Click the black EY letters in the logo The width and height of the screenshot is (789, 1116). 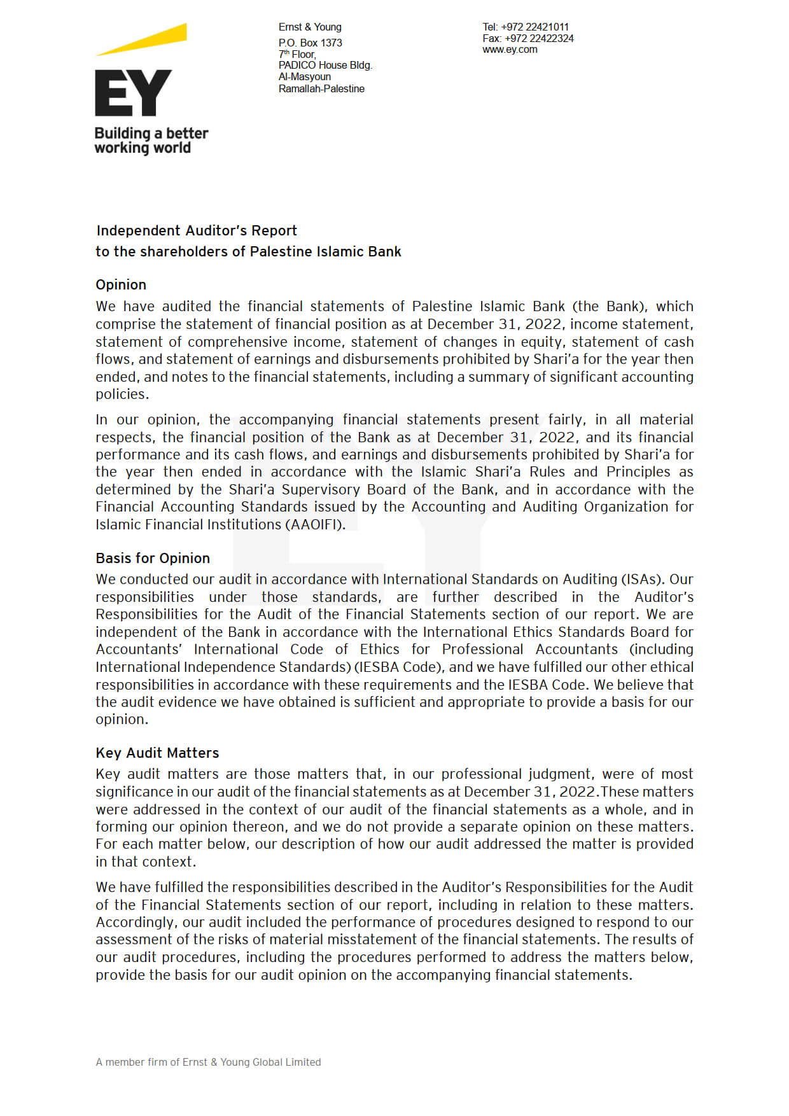[x=133, y=93]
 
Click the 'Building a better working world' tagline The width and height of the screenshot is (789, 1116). [x=151, y=141]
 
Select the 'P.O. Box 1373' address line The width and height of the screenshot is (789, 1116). [x=310, y=43]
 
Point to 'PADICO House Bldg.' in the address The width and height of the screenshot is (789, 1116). [x=325, y=65]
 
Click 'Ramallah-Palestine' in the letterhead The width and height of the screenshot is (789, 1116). [x=321, y=88]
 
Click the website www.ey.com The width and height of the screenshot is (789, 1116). [x=510, y=50]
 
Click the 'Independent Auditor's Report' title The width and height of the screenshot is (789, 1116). [x=197, y=230]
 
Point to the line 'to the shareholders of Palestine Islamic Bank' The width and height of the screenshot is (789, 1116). [x=248, y=251]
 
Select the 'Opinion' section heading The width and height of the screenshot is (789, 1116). [x=121, y=284]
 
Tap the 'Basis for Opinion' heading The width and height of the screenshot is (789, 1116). [x=153, y=558]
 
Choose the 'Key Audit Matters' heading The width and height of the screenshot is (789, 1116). [x=157, y=753]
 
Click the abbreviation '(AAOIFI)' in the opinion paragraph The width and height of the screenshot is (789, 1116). [x=316, y=524]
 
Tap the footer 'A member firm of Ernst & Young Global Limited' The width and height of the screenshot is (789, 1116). [x=208, y=1062]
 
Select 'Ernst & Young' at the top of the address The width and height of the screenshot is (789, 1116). [x=310, y=27]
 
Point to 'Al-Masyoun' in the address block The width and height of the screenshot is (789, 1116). [x=304, y=76]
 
